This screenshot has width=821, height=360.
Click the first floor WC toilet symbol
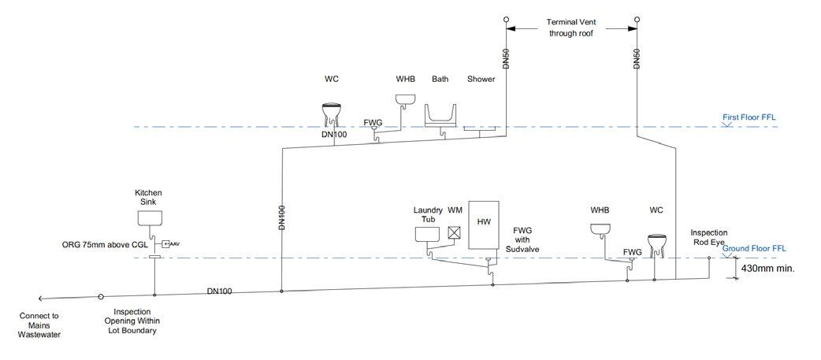coord(331,114)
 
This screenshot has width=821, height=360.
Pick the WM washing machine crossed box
coord(454,232)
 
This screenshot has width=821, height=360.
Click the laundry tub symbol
coord(427,234)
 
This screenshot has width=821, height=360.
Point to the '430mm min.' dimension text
coord(768,268)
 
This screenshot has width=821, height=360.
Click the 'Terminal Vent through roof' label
coord(573,28)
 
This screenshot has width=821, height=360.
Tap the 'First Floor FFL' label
coord(749,117)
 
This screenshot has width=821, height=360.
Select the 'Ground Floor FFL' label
coord(755,248)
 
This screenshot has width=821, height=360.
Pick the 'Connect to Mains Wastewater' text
coord(39,325)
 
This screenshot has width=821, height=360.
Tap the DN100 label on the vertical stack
coord(281,217)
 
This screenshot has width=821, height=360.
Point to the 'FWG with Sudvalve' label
coord(524,239)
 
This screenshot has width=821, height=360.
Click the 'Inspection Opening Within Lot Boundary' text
coord(133,321)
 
